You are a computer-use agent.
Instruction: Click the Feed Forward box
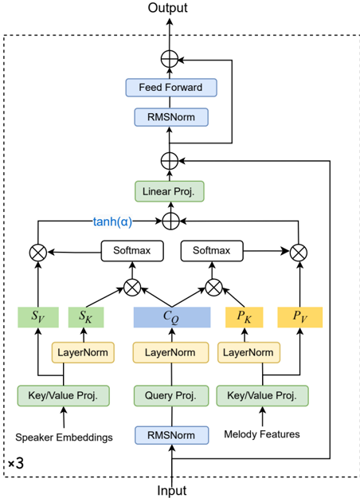[171, 88]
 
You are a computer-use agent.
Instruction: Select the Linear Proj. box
[170, 191]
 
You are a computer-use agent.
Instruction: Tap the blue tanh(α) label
[112, 222]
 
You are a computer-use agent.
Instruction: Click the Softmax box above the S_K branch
[132, 251]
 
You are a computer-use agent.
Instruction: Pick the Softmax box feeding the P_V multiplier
[212, 251]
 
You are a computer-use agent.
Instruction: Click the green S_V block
[38, 317]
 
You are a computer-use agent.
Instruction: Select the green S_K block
[86, 317]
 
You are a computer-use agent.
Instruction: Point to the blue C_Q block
[172, 317]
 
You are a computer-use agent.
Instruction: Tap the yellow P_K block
[245, 317]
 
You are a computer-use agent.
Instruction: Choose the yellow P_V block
[300, 317]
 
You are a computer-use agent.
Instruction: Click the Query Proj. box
[171, 396]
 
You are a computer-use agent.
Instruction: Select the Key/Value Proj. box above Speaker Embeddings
[64, 396]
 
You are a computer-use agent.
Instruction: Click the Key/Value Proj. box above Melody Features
[262, 396]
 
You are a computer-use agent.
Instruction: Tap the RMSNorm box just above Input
[172, 435]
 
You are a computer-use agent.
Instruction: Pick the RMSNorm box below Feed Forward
[171, 117]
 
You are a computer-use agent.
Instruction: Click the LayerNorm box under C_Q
[170, 352]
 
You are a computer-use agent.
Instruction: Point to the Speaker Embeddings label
[65, 437]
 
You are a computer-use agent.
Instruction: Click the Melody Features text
[262, 434]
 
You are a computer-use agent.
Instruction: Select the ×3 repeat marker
[16, 464]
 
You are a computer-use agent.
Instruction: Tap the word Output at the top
[167, 8]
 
